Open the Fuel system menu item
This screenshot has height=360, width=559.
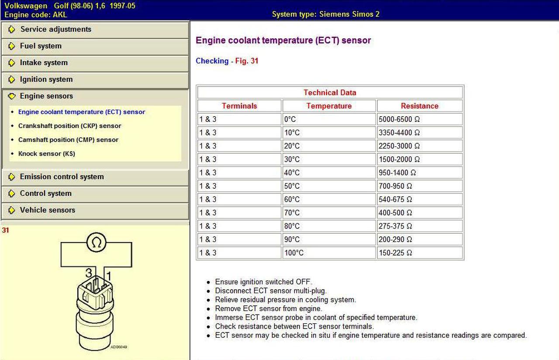click(x=41, y=46)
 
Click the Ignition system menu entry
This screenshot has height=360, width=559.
click(x=46, y=80)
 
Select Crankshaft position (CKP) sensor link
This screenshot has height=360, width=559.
click(x=69, y=126)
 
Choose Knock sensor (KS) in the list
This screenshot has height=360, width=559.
click(x=46, y=154)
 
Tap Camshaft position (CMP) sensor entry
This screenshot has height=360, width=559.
click(x=68, y=140)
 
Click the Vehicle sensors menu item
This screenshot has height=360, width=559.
click(x=47, y=210)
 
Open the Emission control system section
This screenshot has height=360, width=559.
click(x=62, y=177)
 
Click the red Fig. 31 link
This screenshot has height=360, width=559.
click(x=247, y=61)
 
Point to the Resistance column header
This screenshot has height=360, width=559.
click(x=419, y=106)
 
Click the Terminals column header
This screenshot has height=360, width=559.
click(x=239, y=106)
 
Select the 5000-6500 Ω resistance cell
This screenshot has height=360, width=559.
click(x=399, y=119)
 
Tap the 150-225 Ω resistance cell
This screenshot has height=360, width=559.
click(x=395, y=253)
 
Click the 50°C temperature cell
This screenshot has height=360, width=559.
click(x=292, y=186)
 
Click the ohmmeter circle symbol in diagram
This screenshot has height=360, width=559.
click(x=97, y=242)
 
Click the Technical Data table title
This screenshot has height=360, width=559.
click(x=330, y=93)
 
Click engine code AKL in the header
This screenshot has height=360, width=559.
click(x=36, y=14)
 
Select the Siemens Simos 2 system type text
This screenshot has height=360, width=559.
click(x=325, y=14)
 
